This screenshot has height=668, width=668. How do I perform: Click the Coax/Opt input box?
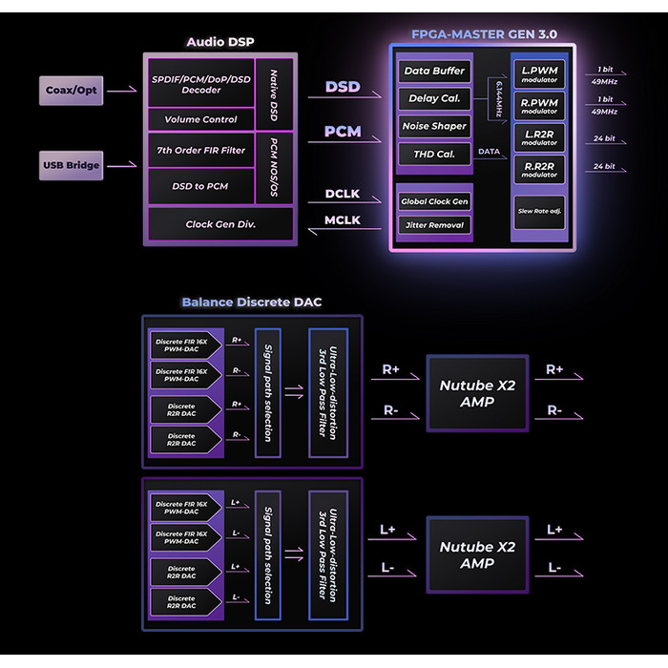pos(72,91)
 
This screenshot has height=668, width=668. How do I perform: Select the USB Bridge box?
pos(72,166)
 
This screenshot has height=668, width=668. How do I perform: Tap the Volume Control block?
pos(200,119)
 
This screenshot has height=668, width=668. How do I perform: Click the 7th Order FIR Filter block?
pos(200,150)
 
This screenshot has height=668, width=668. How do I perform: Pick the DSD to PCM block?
pos(200,186)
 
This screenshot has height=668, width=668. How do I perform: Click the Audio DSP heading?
pos(220,42)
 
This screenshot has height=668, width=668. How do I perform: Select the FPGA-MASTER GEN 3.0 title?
pos(484,34)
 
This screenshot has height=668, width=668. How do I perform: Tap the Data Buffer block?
pos(434,71)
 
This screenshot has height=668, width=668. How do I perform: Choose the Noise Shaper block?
pos(434,126)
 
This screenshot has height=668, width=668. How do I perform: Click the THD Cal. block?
pos(434,154)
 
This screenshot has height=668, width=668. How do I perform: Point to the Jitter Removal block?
pos(434,225)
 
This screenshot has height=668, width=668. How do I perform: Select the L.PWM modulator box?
pos(539,73)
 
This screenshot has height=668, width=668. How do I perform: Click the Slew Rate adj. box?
pos(539,211)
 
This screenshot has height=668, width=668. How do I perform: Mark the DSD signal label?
pos(343,87)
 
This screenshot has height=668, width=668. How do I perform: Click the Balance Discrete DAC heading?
pos(252,303)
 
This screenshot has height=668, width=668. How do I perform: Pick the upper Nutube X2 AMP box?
pos(477,393)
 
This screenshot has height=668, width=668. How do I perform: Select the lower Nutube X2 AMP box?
pos(477,554)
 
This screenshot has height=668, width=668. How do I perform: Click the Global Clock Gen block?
pos(434,201)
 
